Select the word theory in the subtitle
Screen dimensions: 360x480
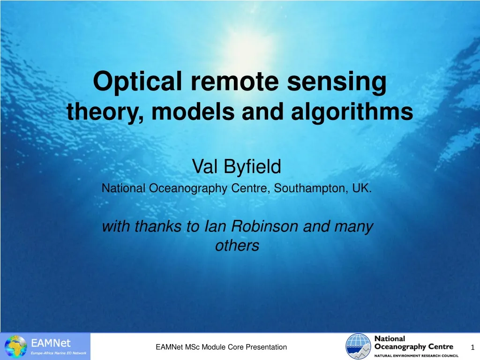point(99,112)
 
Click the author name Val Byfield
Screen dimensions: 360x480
point(237,165)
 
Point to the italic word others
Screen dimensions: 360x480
point(237,246)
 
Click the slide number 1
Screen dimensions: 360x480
point(472,347)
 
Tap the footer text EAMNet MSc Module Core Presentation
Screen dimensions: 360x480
point(221,347)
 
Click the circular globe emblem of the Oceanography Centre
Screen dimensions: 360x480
point(359,346)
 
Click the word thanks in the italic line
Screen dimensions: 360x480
point(159,227)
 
